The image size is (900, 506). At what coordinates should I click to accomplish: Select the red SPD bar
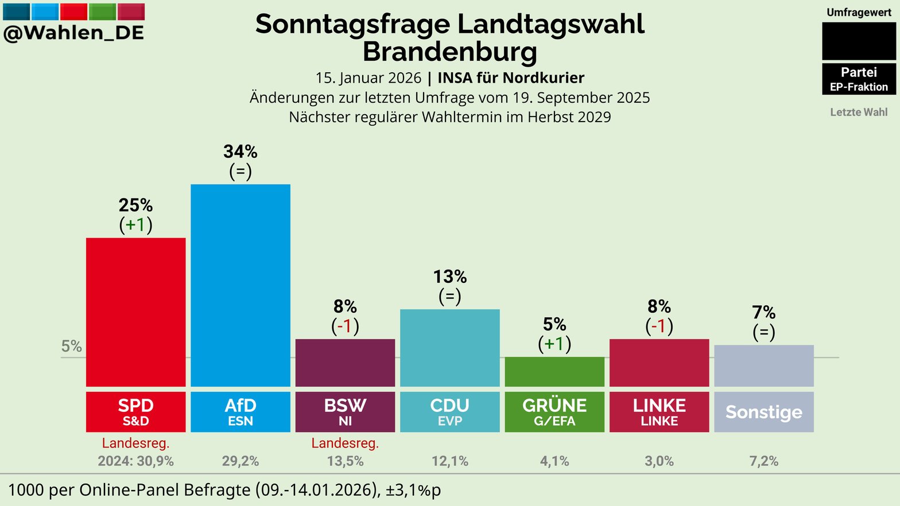[135, 312]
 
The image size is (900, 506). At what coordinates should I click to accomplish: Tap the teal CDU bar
[450, 348]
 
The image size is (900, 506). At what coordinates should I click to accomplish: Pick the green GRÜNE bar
[554, 372]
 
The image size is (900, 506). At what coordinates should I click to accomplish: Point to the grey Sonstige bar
[764, 365]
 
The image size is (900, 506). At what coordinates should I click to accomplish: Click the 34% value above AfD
[240, 152]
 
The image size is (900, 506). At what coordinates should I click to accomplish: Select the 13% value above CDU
[450, 277]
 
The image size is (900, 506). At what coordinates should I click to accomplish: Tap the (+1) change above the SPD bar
[135, 224]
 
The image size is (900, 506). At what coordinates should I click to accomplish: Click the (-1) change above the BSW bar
[345, 326]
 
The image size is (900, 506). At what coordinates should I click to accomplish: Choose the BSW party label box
[345, 412]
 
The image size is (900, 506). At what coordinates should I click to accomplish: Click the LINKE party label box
[659, 412]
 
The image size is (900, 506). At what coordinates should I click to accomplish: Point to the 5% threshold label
[72, 347]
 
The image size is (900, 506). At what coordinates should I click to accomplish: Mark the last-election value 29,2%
[240, 461]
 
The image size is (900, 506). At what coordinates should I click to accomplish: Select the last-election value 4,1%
[554, 461]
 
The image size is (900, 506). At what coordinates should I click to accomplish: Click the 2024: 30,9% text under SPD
[135, 461]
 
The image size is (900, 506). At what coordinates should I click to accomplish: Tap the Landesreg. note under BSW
[345, 443]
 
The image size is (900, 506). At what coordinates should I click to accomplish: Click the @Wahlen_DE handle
[73, 33]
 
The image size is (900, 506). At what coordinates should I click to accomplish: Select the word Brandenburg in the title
[450, 52]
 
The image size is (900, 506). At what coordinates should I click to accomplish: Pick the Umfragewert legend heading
[859, 12]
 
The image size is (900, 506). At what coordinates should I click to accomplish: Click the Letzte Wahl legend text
[859, 112]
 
